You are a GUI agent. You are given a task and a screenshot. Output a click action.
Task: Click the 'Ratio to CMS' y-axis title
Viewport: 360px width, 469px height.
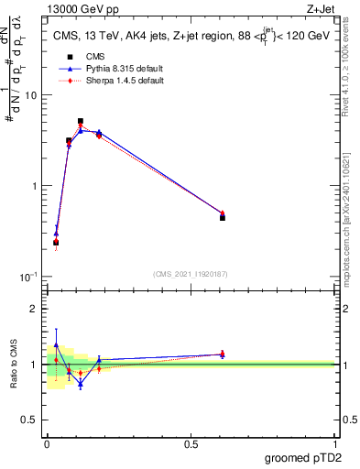pos(13,364)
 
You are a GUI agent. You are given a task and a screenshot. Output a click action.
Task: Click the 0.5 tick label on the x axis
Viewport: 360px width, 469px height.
pos(191,443)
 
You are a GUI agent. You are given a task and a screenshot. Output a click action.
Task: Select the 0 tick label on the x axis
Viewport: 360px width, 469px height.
pos(47,443)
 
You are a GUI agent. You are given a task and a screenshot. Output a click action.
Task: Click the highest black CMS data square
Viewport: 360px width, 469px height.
pos(81,121)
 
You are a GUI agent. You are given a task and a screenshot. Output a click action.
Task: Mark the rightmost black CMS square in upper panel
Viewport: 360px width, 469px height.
pos(223,218)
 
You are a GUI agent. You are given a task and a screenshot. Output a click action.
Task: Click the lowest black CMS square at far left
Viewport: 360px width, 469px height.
pos(56,243)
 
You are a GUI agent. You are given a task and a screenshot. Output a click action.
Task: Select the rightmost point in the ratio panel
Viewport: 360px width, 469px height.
pos(223,354)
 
